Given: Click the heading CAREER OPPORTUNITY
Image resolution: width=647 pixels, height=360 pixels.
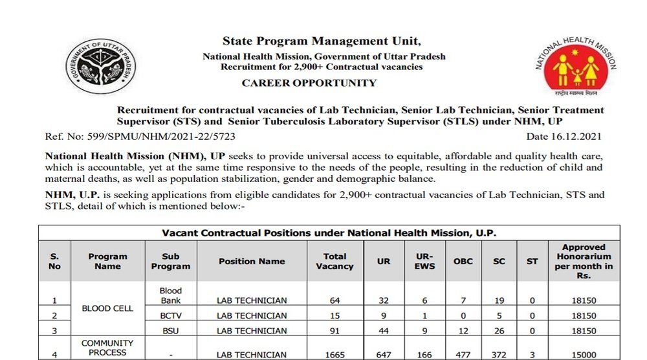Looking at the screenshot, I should [309, 83].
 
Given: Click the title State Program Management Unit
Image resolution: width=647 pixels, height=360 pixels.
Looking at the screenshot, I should [321, 41].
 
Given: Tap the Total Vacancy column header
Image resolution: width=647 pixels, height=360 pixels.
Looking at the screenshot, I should [334, 261].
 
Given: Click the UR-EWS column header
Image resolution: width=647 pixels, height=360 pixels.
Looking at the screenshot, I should [424, 261].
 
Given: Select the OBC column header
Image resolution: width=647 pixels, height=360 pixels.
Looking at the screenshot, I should [463, 262].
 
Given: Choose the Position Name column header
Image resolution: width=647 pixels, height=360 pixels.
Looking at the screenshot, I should [252, 262].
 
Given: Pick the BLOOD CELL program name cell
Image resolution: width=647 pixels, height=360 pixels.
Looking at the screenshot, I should [107, 308].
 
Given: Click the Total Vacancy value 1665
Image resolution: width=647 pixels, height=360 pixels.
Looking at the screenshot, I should [334, 355].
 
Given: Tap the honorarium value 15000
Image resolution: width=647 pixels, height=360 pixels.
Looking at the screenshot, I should [584, 355].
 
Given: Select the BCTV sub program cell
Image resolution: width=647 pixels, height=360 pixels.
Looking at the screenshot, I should [171, 316].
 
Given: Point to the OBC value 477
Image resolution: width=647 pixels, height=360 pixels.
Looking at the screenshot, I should [463, 355].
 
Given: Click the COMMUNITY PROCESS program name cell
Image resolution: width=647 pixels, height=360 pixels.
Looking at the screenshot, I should [107, 348].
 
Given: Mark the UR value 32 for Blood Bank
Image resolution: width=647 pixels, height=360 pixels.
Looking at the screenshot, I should [384, 300].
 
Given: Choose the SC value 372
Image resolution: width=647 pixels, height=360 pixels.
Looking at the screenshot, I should [499, 355].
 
